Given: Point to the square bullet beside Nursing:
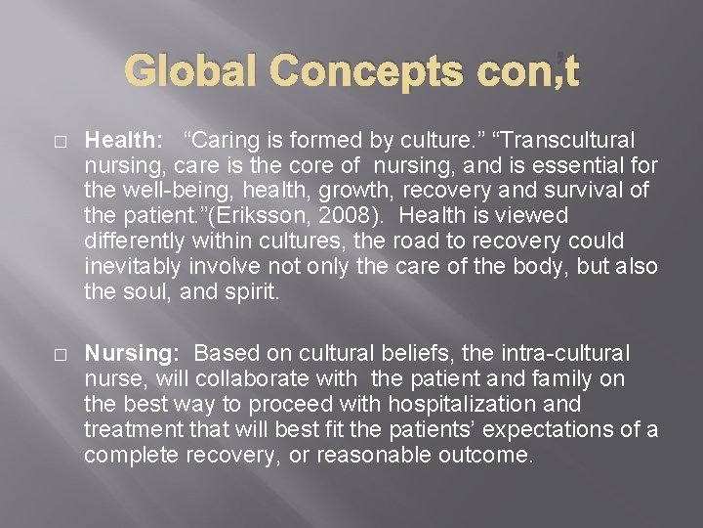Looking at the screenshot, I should point(62,353).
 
